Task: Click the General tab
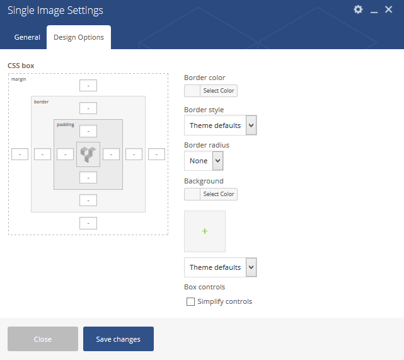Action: coord(27,37)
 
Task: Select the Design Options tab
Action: coord(79,37)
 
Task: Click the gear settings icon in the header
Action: coord(358,10)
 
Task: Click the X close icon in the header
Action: coord(388,10)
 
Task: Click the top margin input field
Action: coord(88,86)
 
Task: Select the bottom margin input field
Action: coord(88,223)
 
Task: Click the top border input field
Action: coord(88,108)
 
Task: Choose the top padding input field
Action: coord(88,131)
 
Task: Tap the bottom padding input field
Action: coord(88,178)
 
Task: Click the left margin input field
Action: coord(20,154)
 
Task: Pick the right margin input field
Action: coord(156,154)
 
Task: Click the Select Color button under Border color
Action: coord(219,91)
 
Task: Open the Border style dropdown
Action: coord(221,125)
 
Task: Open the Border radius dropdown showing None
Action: coord(204,161)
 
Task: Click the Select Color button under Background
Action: coord(219,194)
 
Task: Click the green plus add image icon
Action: coord(205,231)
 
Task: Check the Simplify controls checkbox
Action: coord(191,301)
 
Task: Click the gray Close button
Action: coord(43,339)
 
